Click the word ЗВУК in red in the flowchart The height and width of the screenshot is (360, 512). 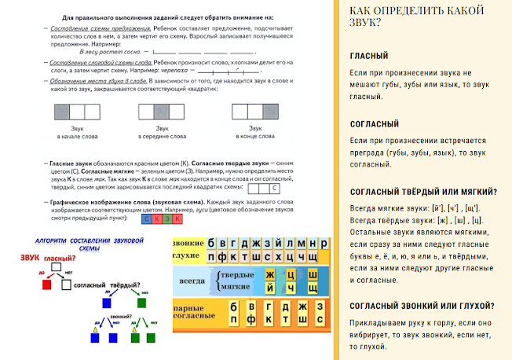coord(31,258)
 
